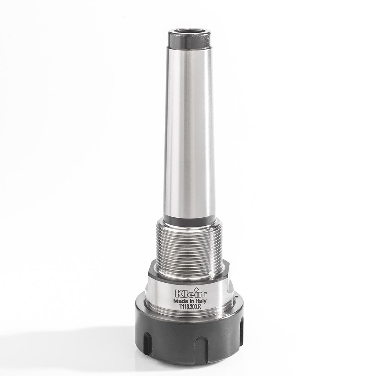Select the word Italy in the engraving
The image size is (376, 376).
(201, 301)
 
